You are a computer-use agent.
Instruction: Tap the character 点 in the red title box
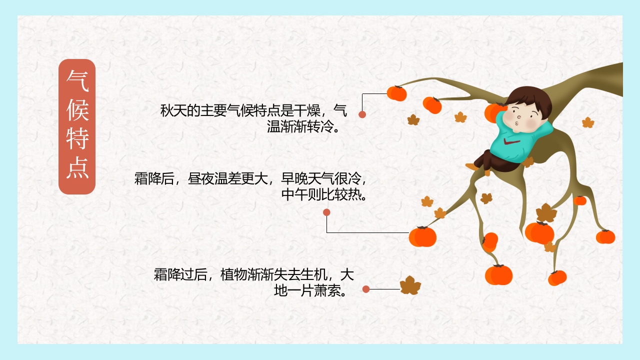[x=77, y=169]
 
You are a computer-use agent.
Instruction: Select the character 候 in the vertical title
[x=77, y=110]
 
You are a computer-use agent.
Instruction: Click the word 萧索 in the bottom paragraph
[x=327, y=290]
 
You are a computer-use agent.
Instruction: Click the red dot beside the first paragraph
[x=362, y=114]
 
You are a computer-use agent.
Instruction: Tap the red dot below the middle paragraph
[x=326, y=212]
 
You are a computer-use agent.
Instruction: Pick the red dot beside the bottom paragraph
[x=366, y=289]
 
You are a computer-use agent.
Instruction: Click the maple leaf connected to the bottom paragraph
[x=410, y=285]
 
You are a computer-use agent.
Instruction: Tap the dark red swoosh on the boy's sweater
[x=514, y=143]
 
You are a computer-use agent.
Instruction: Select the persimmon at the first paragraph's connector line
[x=397, y=93]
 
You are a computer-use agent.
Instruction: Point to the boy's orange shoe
[x=471, y=166]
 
